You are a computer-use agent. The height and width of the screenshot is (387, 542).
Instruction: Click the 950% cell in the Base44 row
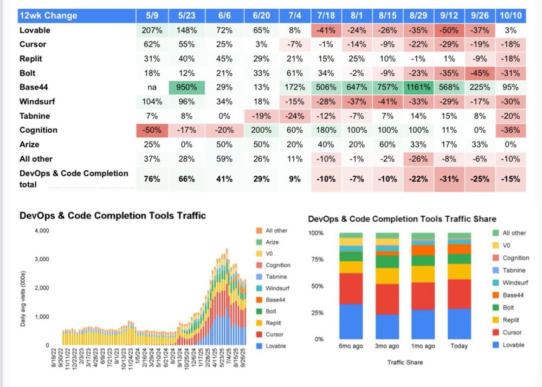pos(186,87)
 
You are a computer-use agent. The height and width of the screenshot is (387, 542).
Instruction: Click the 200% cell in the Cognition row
pos(262,130)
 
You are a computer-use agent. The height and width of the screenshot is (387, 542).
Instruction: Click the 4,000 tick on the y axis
pos(42,230)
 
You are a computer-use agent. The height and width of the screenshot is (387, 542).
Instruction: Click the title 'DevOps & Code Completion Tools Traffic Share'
pos(402,219)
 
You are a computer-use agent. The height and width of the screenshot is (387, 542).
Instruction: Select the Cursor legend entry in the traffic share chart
pos(512,332)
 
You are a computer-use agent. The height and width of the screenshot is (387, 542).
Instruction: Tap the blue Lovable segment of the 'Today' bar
pos(459,324)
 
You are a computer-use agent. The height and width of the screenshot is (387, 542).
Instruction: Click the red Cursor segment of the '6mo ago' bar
pos(351,288)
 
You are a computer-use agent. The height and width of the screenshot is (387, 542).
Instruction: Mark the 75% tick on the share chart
pos(316,259)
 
